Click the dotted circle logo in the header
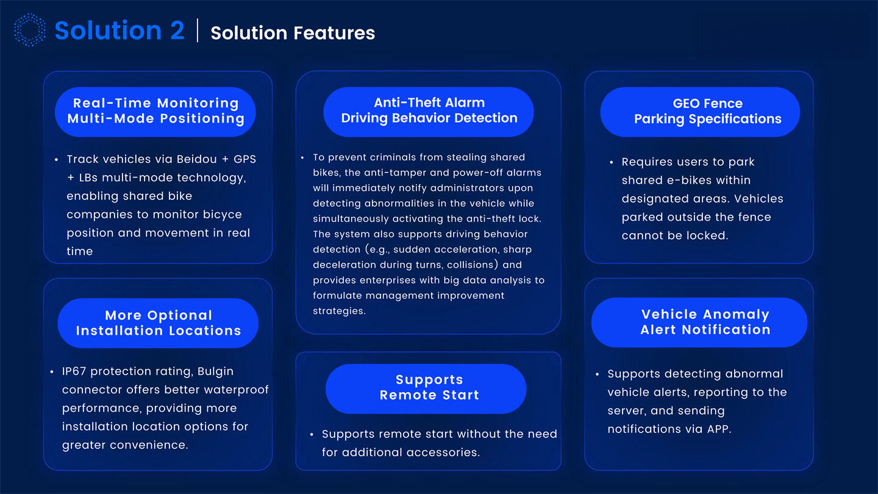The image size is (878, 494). click(30, 30)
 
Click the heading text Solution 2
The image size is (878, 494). click(120, 30)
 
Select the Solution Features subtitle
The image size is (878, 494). click(293, 32)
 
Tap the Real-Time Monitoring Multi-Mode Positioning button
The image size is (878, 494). click(155, 111)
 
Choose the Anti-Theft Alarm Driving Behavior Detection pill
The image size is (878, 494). click(429, 110)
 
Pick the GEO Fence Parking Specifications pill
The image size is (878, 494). click(700, 111)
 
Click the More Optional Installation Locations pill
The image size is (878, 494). click(158, 323)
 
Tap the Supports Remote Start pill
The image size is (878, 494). click(426, 387)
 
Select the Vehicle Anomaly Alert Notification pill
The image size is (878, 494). click(699, 322)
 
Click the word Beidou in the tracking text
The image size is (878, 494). click(196, 159)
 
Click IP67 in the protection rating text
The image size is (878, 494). click(75, 371)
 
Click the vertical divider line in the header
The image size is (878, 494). click(198, 30)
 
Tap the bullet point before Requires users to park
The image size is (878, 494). click(612, 162)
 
